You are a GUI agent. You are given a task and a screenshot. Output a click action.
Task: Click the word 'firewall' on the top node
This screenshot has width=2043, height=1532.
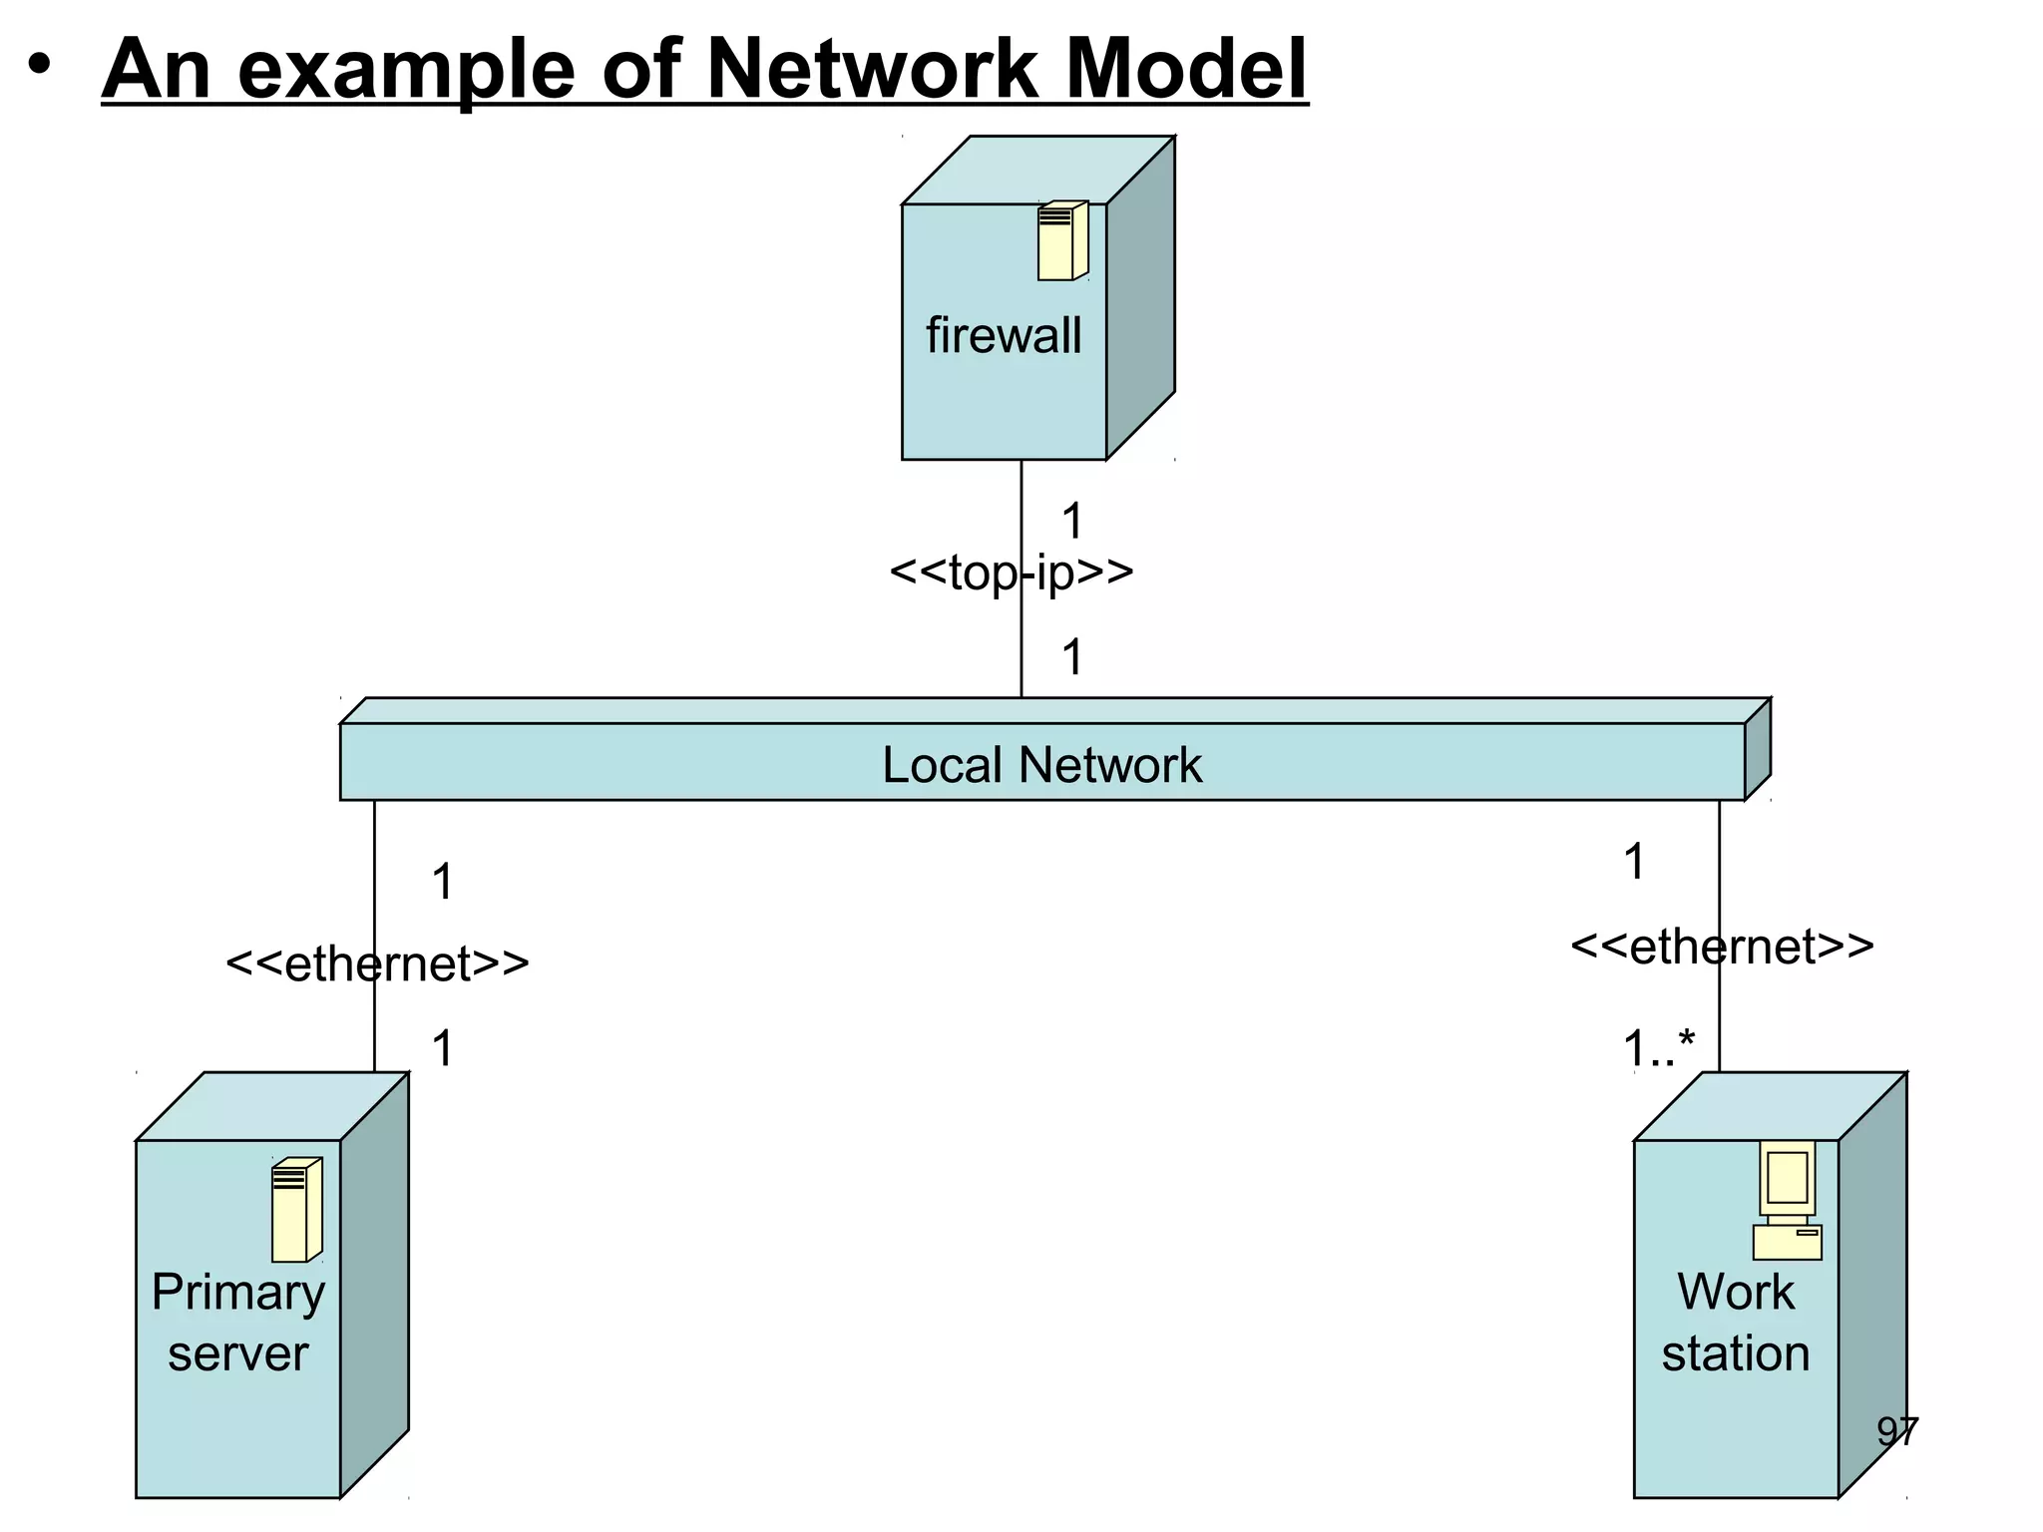coord(1003,335)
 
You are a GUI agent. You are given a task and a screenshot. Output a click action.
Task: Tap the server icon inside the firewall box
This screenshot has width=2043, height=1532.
coord(1061,240)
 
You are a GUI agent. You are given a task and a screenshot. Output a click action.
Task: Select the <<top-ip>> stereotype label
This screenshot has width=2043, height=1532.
coord(1011,573)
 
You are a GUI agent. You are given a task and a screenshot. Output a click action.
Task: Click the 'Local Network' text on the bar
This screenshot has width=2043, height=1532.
coord(1041,765)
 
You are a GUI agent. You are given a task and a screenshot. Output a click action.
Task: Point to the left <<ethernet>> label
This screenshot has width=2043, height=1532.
coord(377,963)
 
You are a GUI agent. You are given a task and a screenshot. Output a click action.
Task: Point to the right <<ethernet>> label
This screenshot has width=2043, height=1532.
coord(1722,946)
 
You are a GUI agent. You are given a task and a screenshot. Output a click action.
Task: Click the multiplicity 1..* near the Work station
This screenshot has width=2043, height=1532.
coord(1658,1048)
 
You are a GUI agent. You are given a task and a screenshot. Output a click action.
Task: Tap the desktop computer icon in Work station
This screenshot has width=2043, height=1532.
coord(1787,1200)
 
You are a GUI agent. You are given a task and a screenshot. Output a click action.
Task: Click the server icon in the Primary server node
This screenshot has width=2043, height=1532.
coord(296,1209)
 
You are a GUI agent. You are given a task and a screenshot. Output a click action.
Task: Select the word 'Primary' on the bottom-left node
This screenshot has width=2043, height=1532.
coord(237,1293)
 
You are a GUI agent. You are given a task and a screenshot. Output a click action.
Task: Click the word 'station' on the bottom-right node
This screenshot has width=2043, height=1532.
coord(1735,1353)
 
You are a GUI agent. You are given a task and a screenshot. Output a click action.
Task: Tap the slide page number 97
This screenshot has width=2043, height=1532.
coord(1896,1432)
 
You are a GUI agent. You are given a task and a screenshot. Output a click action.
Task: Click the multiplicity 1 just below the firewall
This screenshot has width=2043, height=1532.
coord(1071,521)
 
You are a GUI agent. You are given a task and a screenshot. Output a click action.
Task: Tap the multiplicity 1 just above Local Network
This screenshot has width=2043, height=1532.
coord(1071,657)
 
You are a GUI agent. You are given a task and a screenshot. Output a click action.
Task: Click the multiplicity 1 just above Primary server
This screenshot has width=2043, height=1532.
coord(442,1048)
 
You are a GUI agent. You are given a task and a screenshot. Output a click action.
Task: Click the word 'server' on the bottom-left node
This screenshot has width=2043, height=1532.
coord(237,1353)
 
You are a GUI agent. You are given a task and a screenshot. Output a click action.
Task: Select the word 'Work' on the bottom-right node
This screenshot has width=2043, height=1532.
coord(1735,1293)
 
